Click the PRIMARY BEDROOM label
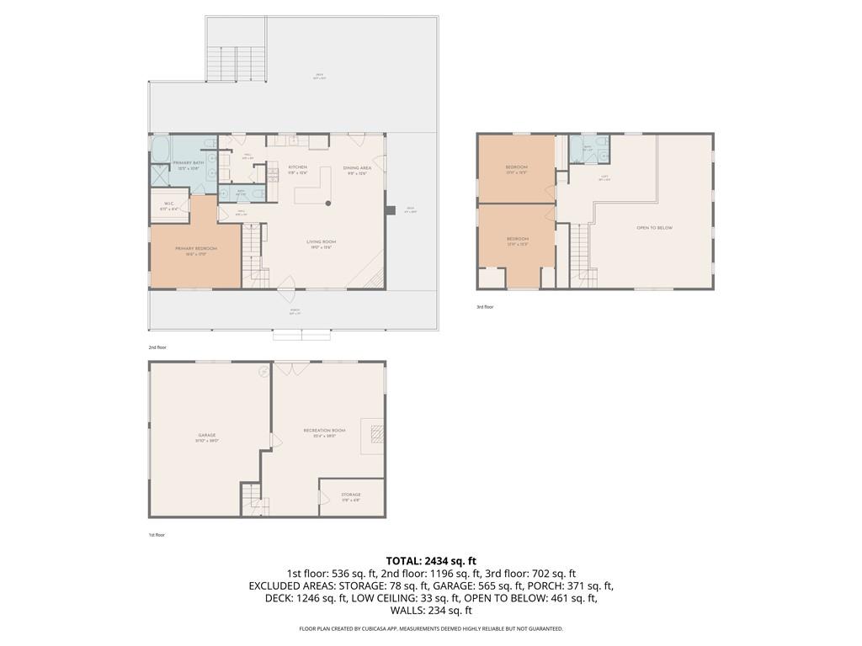tap(196, 249)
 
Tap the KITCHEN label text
tap(298, 167)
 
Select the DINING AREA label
tap(356, 168)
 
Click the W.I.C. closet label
tap(168, 203)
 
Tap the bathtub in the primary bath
tap(160, 150)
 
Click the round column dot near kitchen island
tap(328, 203)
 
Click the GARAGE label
tap(207, 436)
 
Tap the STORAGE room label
tap(351, 495)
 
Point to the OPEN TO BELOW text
tap(654, 228)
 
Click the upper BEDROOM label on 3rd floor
tap(517, 167)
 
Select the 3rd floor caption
tap(485, 307)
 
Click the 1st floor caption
tap(157, 534)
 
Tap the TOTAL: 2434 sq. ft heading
tap(431, 560)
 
